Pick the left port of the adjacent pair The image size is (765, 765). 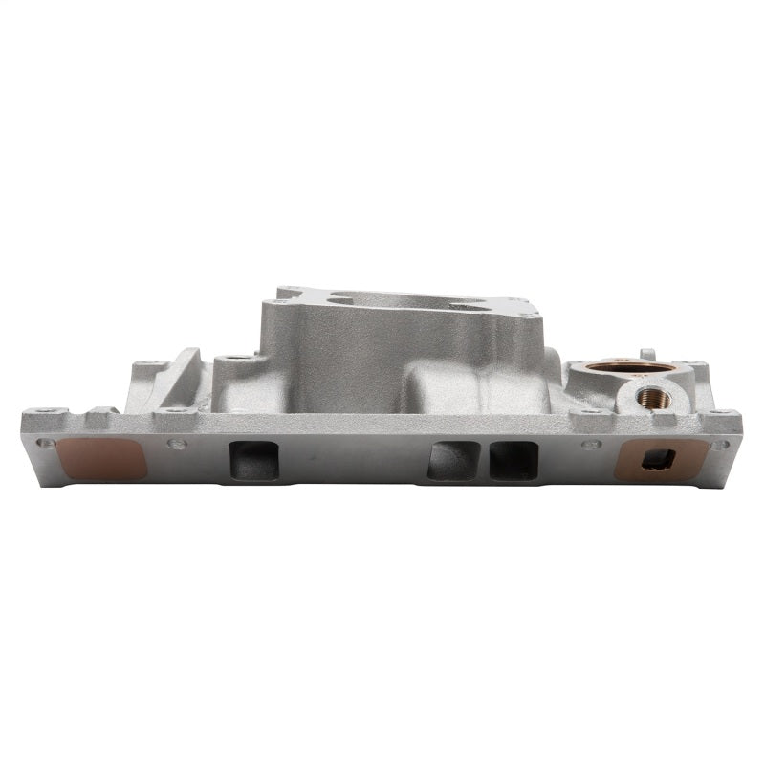(x=453, y=461)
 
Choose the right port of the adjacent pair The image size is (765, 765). (x=513, y=461)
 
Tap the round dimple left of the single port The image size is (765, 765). (x=174, y=444)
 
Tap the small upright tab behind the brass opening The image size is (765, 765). (x=646, y=354)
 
